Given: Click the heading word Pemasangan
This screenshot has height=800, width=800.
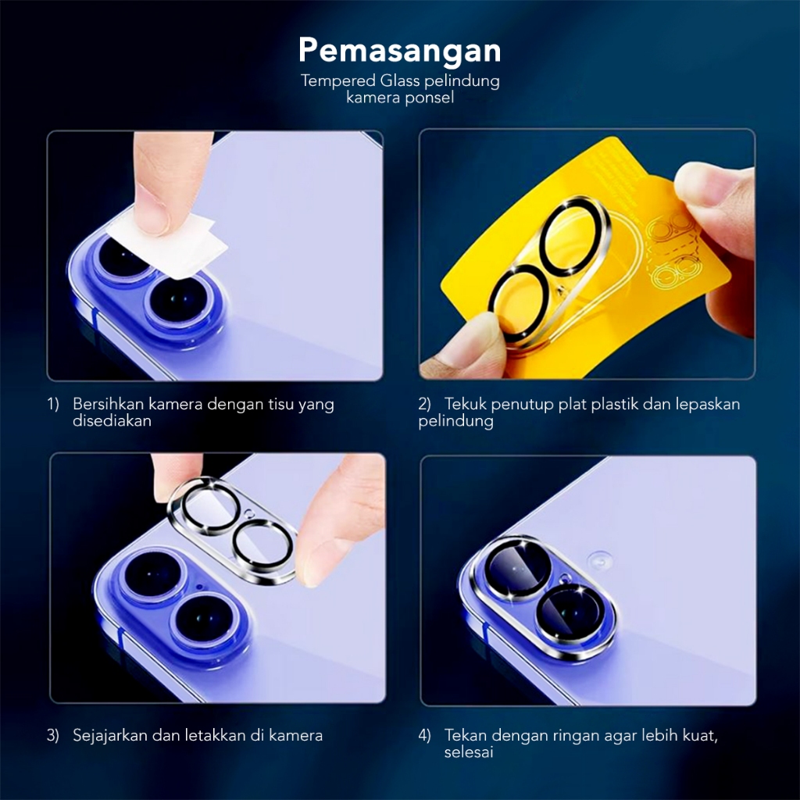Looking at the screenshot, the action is (x=399, y=52).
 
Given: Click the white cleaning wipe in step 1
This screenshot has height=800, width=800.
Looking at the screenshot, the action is (x=169, y=245).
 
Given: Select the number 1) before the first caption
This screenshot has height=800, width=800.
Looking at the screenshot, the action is (x=53, y=404).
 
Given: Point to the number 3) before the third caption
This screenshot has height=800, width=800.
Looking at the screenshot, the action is (x=53, y=736).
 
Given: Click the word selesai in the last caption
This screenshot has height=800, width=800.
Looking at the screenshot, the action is (x=469, y=752).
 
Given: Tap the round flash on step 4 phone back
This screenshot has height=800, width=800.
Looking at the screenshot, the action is (x=599, y=559).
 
